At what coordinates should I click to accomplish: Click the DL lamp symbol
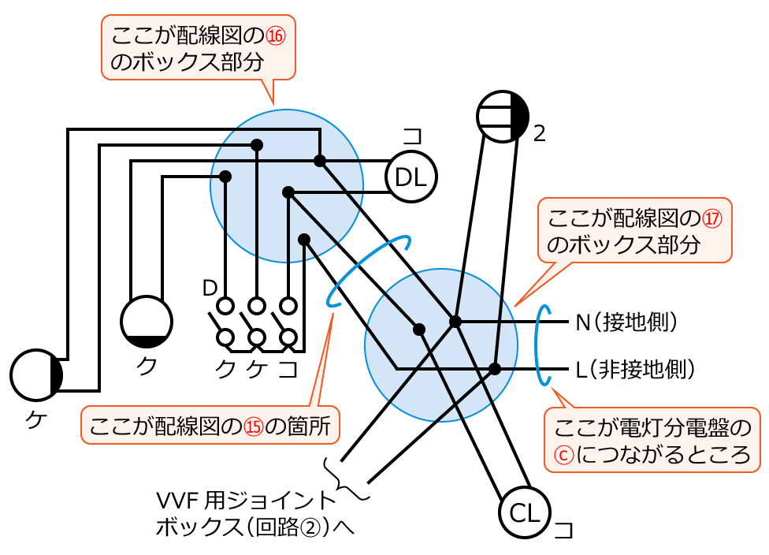click(x=411, y=177)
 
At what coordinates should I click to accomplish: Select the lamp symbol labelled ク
click(x=146, y=322)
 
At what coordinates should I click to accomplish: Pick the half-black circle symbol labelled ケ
click(x=36, y=375)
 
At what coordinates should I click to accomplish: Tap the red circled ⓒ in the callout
click(x=564, y=456)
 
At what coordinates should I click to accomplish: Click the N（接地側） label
click(x=627, y=322)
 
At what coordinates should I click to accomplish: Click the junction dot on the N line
click(x=455, y=321)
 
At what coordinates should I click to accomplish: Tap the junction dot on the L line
click(x=495, y=368)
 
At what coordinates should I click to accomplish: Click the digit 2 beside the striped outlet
click(x=540, y=133)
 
